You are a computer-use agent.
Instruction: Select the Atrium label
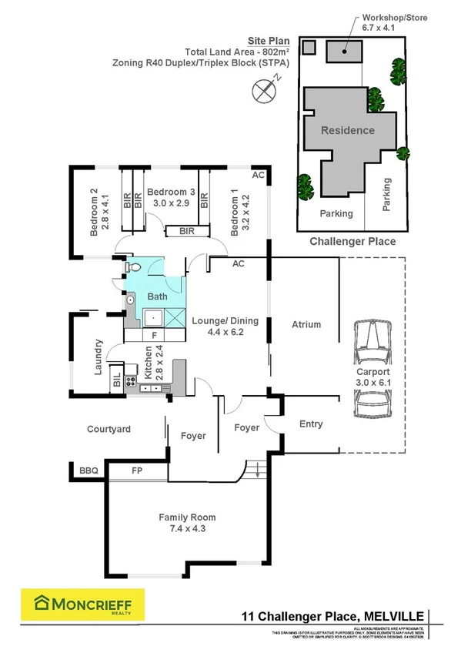(x=305, y=325)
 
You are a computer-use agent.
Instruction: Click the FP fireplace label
(x=138, y=469)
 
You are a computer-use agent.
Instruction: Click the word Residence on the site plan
(x=347, y=130)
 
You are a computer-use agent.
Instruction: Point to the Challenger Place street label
(x=352, y=241)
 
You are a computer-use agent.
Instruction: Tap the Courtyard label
(x=109, y=429)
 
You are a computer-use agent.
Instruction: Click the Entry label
(x=311, y=424)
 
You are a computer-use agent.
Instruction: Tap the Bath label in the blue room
(x=157, y=296)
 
